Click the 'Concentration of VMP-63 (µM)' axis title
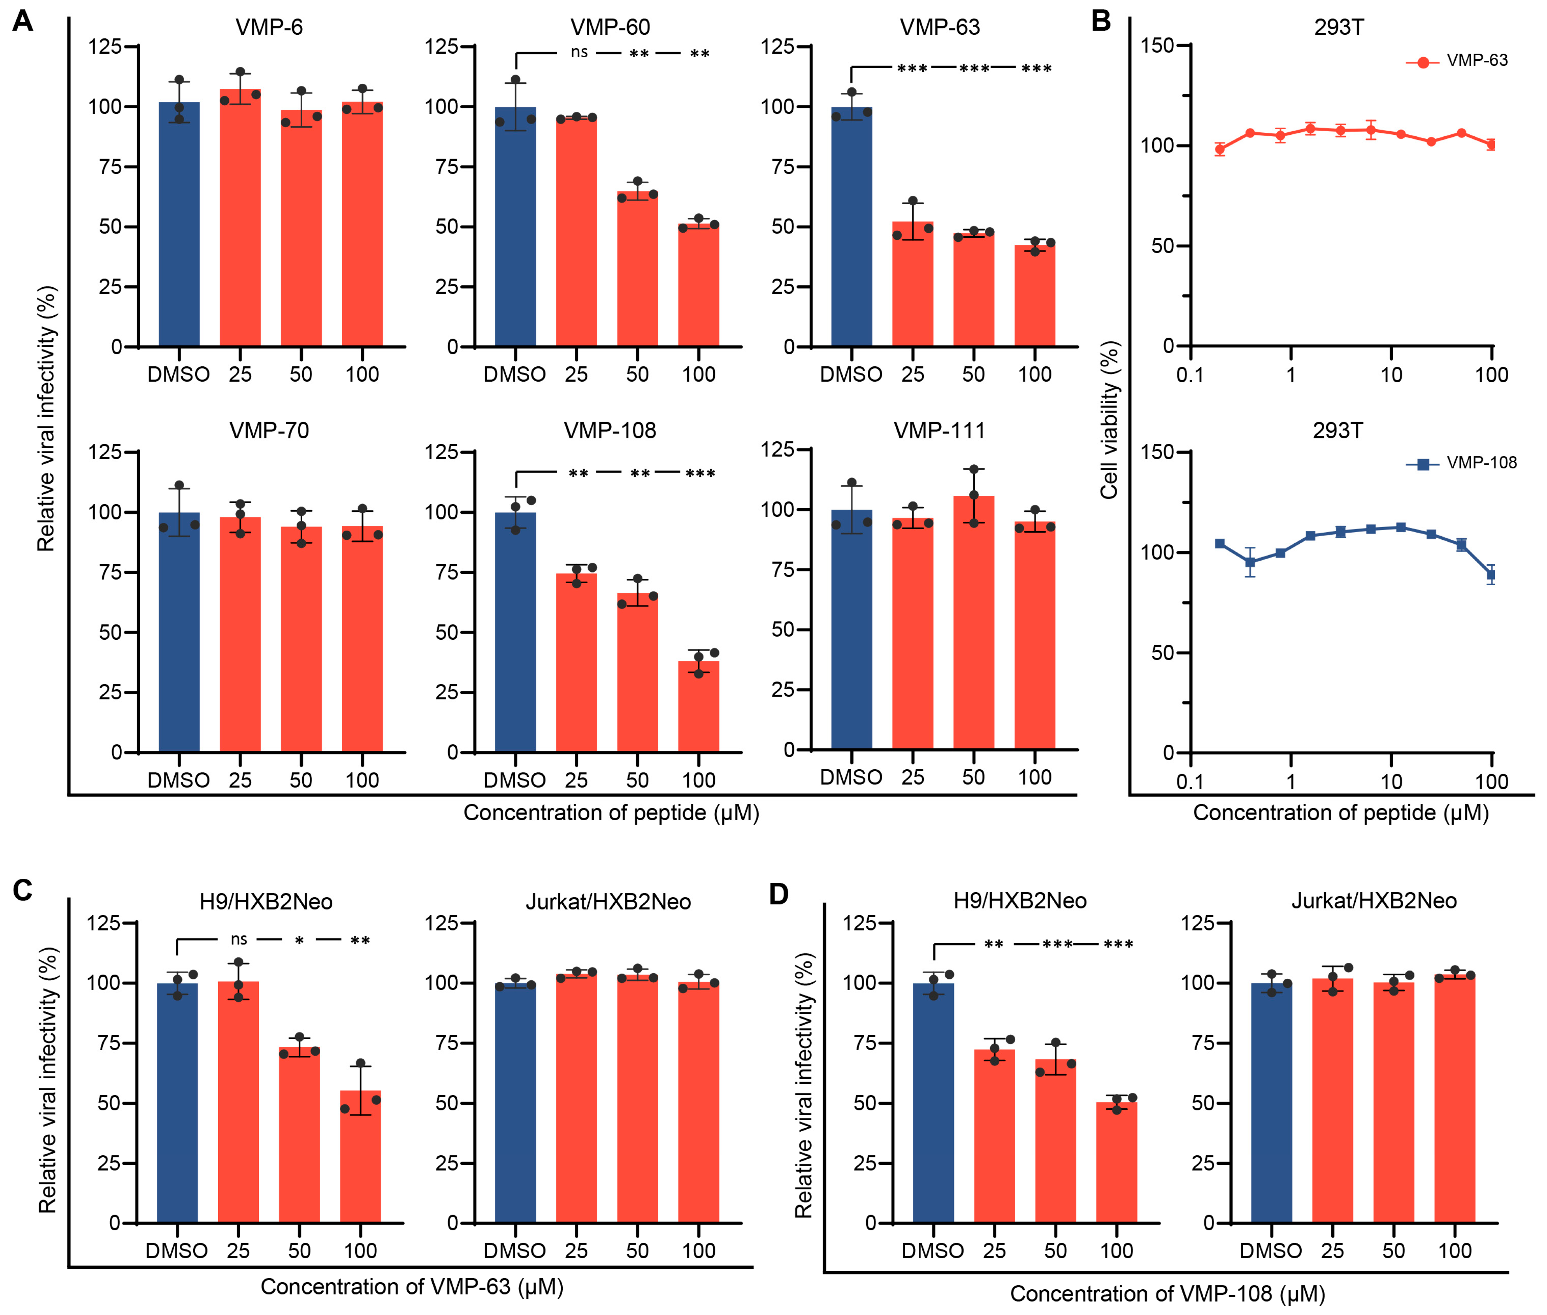(411, 1286)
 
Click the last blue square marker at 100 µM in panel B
(1491, 574)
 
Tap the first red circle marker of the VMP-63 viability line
(1220, 149)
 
